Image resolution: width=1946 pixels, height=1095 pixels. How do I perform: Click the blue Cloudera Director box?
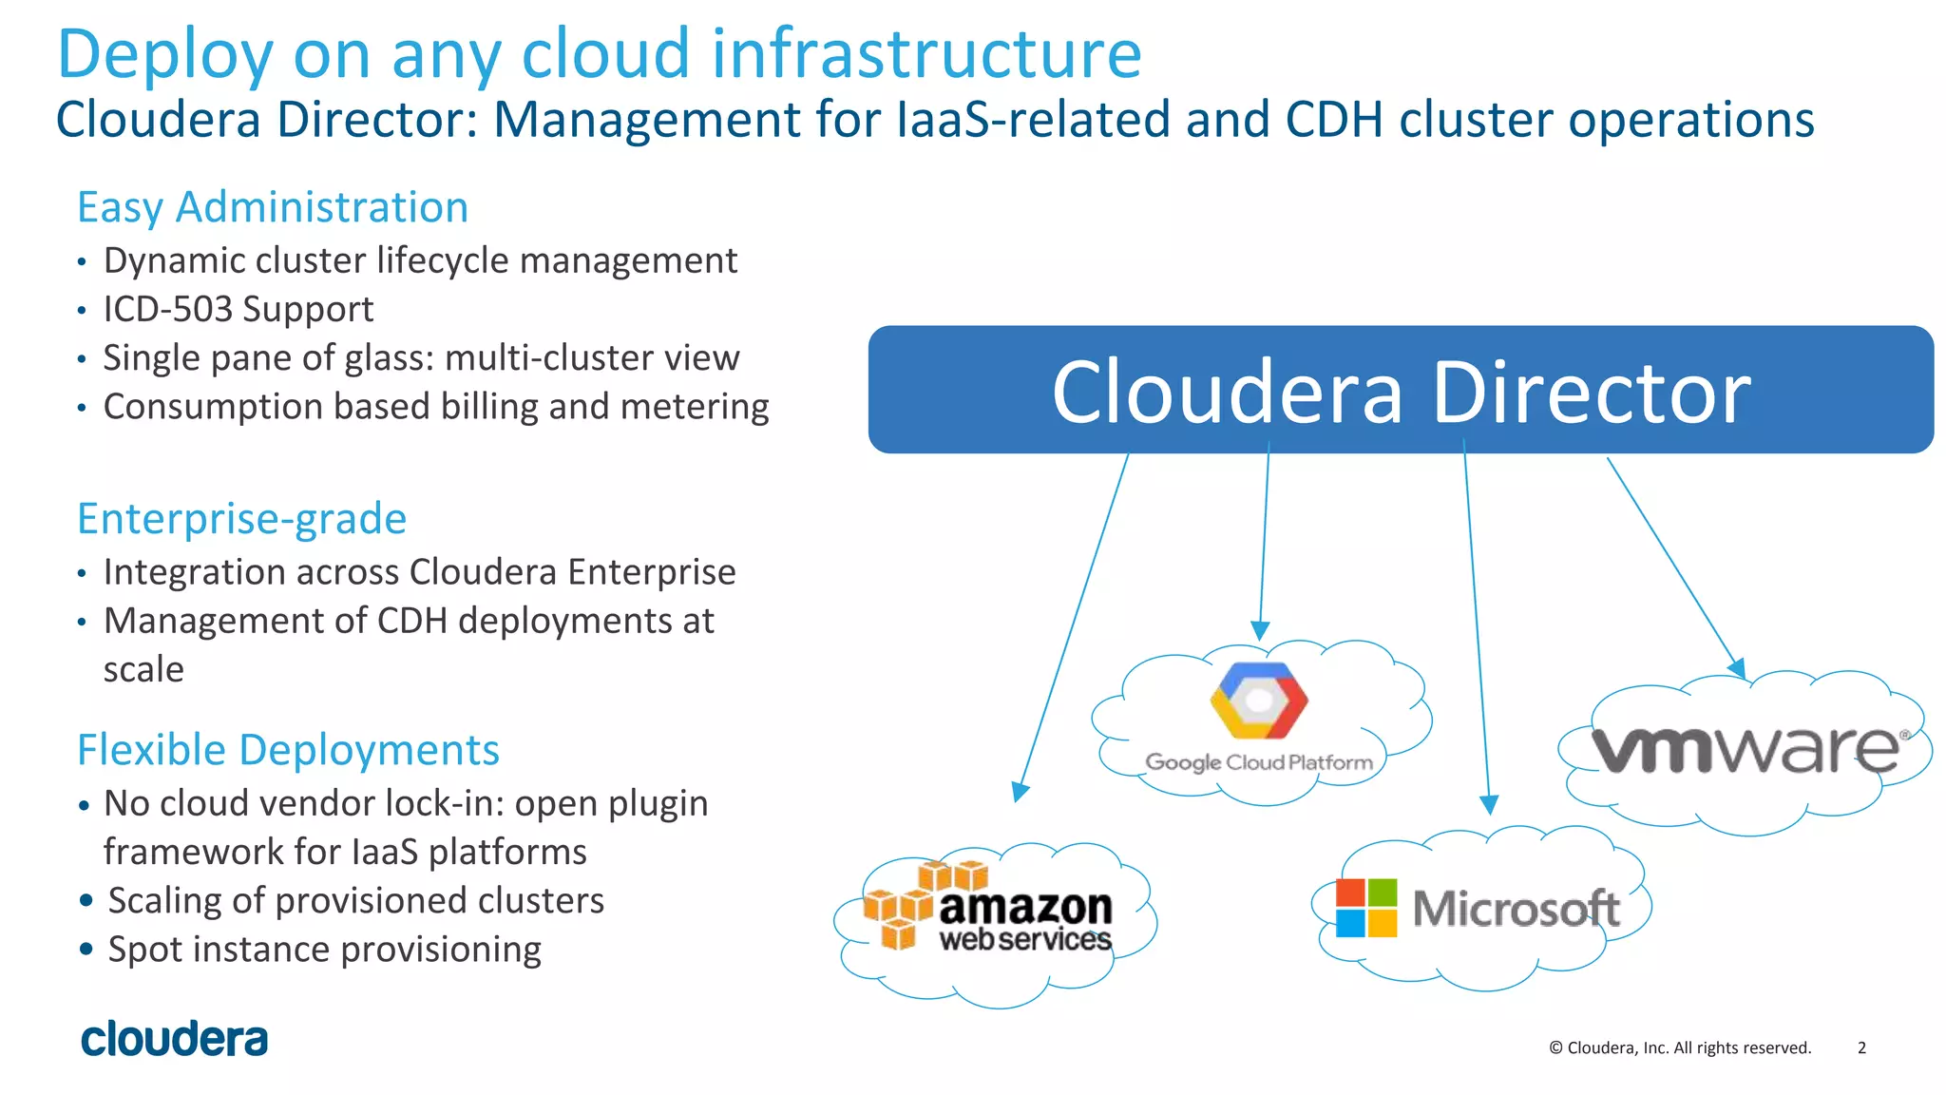[1401, 390]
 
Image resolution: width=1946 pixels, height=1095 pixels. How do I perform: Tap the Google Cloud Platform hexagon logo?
[1259, 701]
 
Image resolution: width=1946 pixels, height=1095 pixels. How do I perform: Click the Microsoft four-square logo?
[1366, 908]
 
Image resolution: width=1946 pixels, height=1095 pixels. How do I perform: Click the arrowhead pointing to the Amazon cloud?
[1020, 792]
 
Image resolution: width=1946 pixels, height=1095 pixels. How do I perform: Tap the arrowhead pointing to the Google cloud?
[1260, 631]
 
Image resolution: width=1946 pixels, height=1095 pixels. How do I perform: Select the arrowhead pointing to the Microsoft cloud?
[1489, 804]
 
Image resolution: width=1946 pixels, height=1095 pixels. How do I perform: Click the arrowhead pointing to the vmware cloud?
[1736, 668]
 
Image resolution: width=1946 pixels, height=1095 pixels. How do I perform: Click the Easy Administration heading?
[273, 207]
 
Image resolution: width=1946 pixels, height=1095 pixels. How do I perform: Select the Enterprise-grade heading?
[241, 519]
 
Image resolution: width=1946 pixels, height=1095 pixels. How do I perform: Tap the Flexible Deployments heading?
[288, 750]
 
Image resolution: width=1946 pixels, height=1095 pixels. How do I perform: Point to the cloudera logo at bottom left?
[175, 1039]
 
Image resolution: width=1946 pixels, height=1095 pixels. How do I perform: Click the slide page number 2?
[1861, 1047]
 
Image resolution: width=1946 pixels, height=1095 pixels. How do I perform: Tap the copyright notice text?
[1680, 1047]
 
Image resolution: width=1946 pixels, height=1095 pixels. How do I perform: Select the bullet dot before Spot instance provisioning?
[86, 949]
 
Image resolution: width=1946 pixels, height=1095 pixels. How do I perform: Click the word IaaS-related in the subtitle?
[1032, 120]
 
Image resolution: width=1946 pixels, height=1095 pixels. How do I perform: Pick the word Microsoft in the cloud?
[1516, 908]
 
